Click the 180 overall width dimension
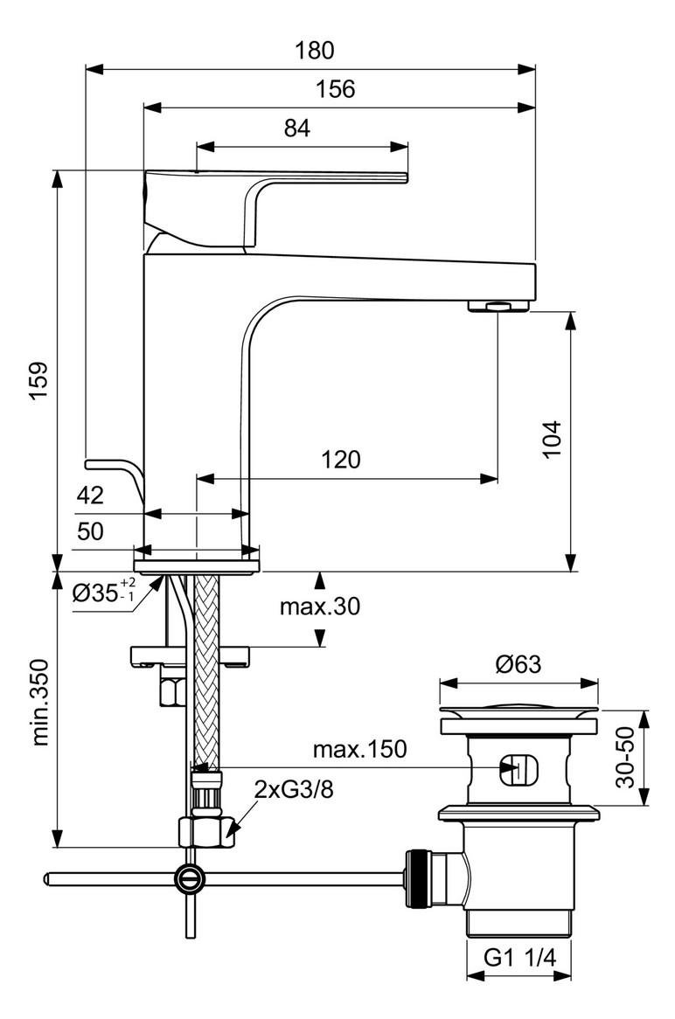coord(314,51)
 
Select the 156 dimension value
coord(336,89)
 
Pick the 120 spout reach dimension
coord(342,460)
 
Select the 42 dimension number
coord(91,496)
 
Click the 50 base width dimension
coord(91,532)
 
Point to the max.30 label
coord(319,606)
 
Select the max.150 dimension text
coord(360,749)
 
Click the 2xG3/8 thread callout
coord(294,790)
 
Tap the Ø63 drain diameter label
coord(518,664)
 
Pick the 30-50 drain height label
coord(623,757)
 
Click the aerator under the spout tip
coord(498,305)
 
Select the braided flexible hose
coord(206,664)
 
